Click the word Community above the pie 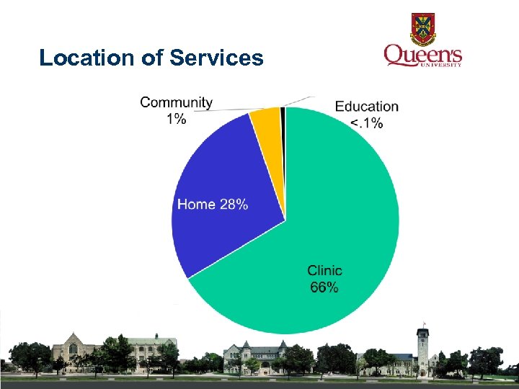176,102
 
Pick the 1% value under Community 176,119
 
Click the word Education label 366,107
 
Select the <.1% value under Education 366,123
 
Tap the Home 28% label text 213,205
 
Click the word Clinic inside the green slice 324,271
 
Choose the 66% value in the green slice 324,287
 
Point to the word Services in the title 216,58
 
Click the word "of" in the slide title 153,58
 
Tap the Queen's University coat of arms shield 423,27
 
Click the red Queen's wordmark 422,55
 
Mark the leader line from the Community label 231,110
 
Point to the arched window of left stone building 73,349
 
